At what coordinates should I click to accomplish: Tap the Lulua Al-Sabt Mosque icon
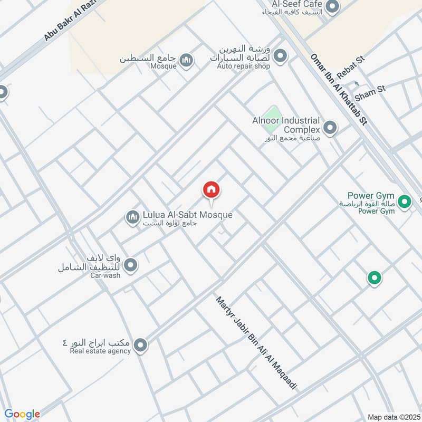coord(132,216)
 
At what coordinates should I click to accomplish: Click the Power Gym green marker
coord(405,201)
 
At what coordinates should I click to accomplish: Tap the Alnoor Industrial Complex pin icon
coord(330,128)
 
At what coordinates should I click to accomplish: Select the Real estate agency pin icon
coord(140,346)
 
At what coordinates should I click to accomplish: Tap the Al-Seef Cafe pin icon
coord(332,7)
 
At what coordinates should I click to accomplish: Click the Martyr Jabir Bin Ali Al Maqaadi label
coord(256,343)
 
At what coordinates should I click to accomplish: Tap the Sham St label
coord(370,92)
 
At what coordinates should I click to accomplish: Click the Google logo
coord(22,414)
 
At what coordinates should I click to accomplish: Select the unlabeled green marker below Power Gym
coord(375,277)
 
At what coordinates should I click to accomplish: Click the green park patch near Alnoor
coord(273,117)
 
